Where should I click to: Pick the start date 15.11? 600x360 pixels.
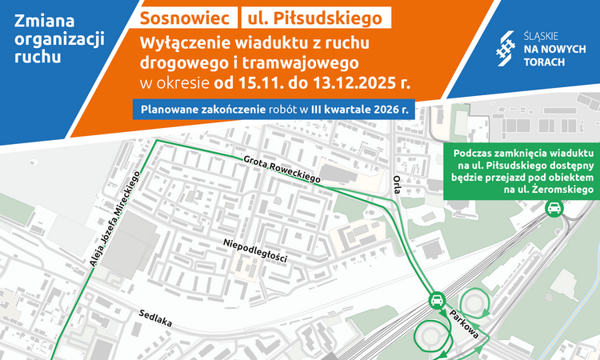(x=258, y=82)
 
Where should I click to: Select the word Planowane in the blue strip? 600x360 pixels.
(x=174, y=109)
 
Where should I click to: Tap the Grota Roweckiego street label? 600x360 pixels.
(x=284, y=169)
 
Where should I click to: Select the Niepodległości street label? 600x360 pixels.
(x=255, y=247)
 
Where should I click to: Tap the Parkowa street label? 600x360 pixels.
(x=464, y=321)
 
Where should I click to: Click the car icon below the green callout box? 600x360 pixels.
(x=552, y=210)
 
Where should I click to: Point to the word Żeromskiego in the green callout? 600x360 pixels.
(x=557, y=190)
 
